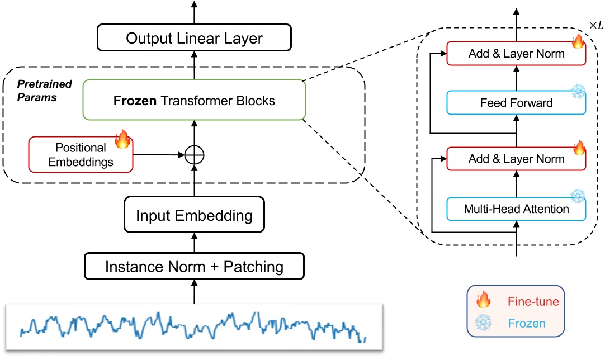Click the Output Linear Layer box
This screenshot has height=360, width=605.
[x=194, y=39]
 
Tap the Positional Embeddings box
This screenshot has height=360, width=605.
[x=81, y=155]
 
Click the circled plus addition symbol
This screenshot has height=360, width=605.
[x=194, y=155]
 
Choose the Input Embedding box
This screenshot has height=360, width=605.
[x=194, y=215]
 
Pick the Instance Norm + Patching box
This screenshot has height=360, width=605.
[x=194, y=266]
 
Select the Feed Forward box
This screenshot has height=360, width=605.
[x=516, y=103]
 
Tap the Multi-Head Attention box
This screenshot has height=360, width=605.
[x=516, y=209]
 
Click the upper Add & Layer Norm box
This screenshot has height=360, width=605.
[x=516, y=54]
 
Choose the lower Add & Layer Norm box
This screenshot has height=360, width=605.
[x=516, y=159]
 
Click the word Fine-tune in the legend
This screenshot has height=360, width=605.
[x=533, y=302]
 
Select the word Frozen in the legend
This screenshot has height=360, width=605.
[x=526, y=323]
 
